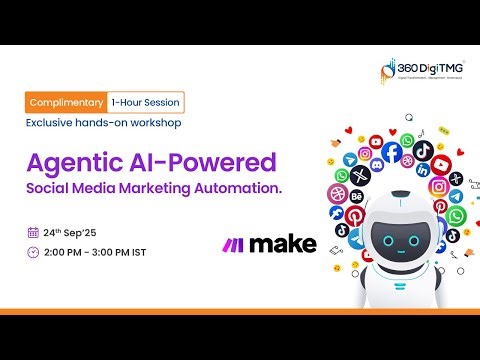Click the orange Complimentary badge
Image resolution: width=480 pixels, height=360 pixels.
(66, 103)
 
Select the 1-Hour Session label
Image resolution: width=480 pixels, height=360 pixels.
(146, 103)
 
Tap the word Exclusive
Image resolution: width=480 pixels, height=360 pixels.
(49, 123)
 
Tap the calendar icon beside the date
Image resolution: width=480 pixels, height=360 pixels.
(32, 232)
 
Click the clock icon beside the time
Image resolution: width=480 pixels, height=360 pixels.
(32, 251)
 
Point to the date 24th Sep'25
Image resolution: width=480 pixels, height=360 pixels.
(71, 232)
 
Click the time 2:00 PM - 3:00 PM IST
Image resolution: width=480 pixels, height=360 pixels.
(95, 251)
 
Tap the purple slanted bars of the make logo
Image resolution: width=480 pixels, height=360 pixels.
(233, 243)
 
